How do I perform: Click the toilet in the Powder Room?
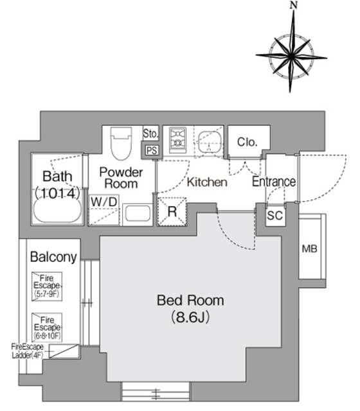[x=121, y=143]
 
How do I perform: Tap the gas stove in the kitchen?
[x=177, y=140]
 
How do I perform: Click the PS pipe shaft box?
[x=152, y=150]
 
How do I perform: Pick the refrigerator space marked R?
[x=172, y=211]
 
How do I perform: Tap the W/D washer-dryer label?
[x=104, y=202]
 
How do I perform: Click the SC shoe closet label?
[x=274, y=216]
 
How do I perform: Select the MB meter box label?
[x=310, y=249]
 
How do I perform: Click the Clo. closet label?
[x=247, y=142]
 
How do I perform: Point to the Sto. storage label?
[x=150, y=134]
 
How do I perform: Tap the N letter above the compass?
[x=294, y=5]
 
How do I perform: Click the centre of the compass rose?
[x=291, y=56]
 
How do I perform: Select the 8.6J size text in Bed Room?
[x=190, y=317]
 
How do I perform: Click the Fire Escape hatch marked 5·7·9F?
[x=47, y=286]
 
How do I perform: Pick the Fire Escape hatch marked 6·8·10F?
[x=47, y=328]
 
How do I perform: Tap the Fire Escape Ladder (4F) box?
[x=64, y=351]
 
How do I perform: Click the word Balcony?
[x=53, y=257]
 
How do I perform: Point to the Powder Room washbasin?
[x=138, y=214]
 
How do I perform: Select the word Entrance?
[x=274, y=182]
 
